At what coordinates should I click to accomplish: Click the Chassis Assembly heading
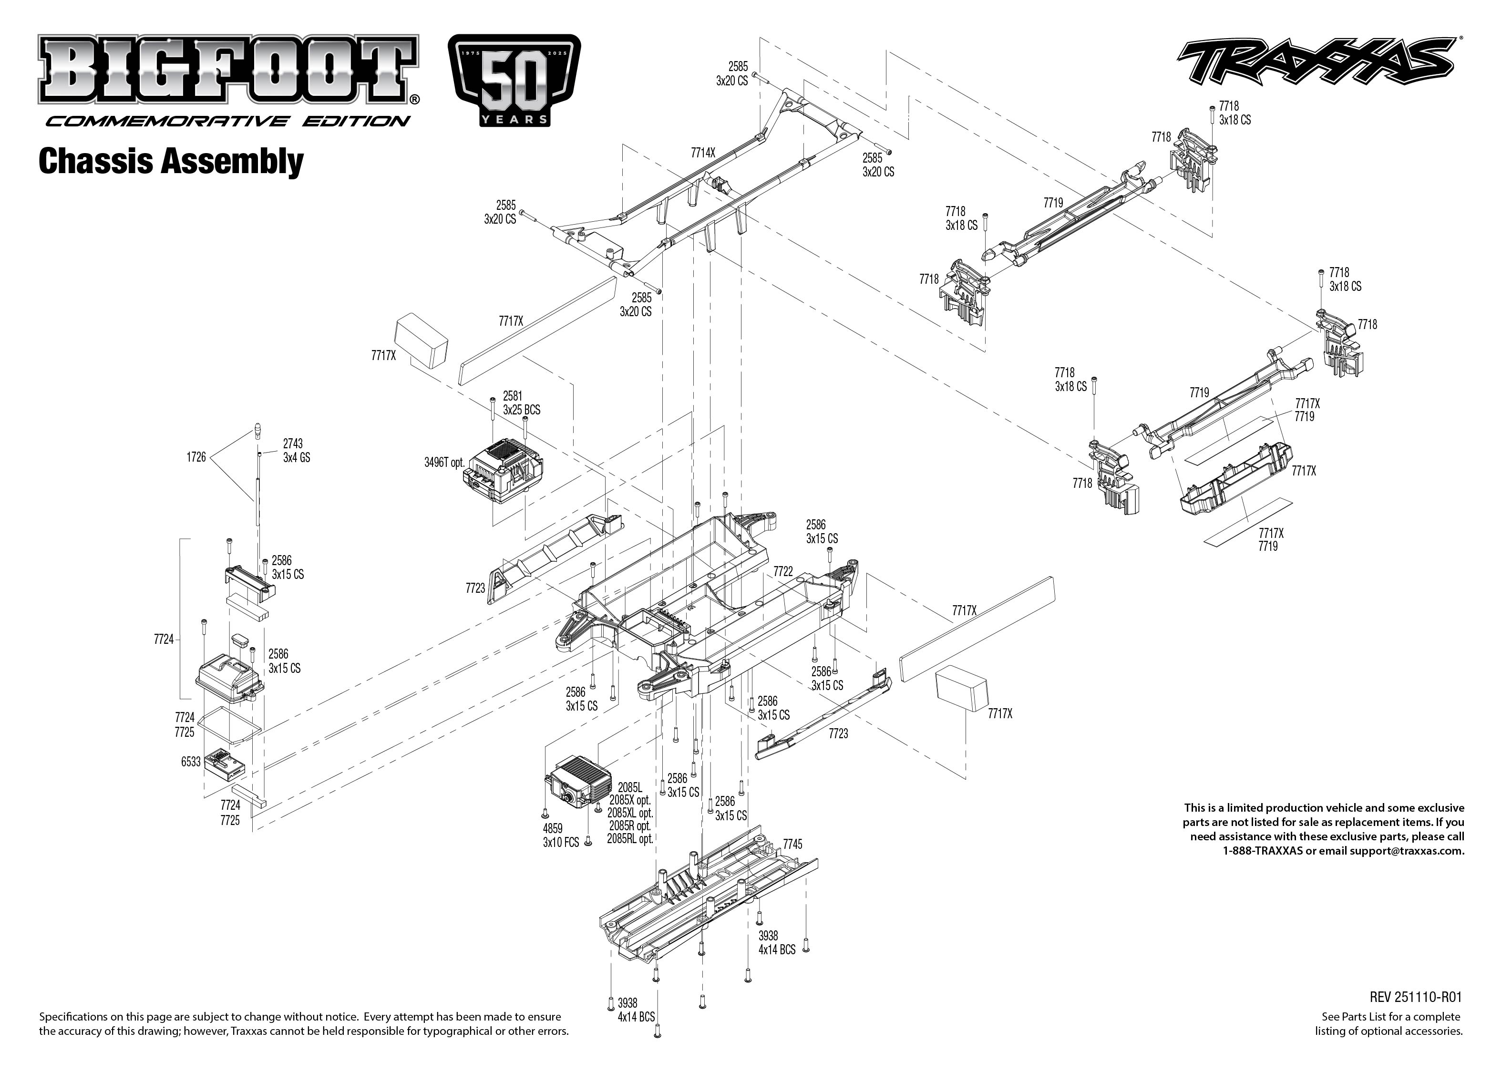pos(171,161)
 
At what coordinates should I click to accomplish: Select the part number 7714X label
pos(703,153)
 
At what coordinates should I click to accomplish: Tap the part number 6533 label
pos(191,762)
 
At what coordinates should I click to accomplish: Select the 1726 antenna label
pos(196,456)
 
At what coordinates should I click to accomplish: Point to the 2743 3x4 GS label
pos(296,450)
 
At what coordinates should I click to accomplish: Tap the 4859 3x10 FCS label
pos(561,835)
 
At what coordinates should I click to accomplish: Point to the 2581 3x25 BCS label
pos(521,403)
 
